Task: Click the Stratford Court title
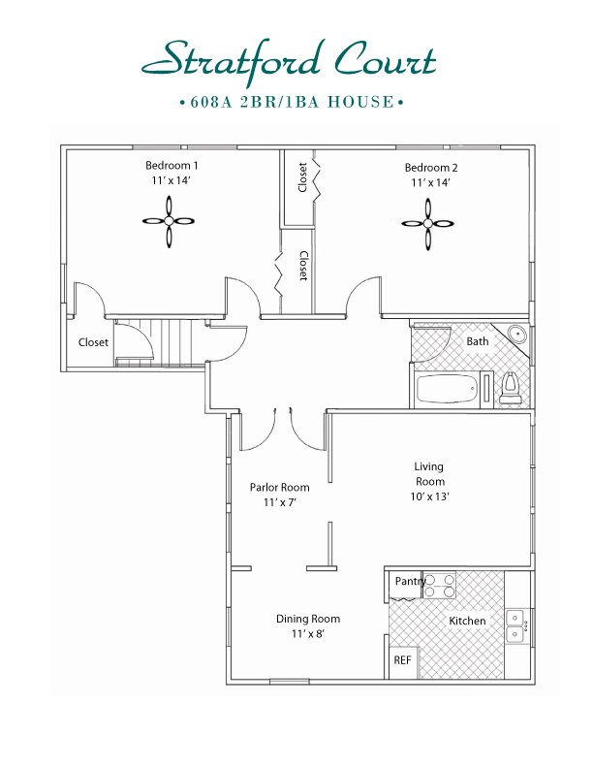[289, 60]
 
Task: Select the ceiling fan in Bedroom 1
[169, 221]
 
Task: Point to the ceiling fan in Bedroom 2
[428, 222]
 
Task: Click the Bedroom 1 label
[172, 165]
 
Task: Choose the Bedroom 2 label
[431, 168]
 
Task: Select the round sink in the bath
[517, 336]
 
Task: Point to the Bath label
[478, 341]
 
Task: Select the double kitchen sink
[515, 626]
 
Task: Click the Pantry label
[409, 581]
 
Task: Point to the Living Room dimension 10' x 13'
[429, 496]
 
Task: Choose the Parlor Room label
[279, 488]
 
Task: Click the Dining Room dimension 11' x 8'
[307, 634]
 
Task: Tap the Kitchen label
[467, 621]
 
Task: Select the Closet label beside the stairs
[94, 342]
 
